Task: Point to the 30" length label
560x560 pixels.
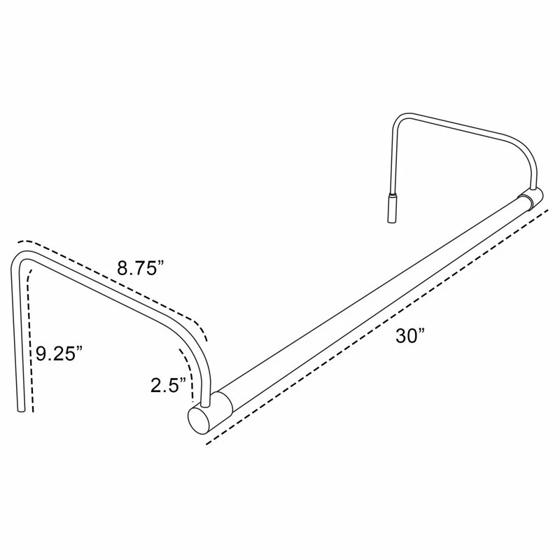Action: (410, 335)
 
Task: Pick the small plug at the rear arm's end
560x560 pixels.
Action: (392, 208)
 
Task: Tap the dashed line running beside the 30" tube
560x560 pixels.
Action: (378, 329)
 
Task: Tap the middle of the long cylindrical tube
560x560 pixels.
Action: (371, 301)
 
